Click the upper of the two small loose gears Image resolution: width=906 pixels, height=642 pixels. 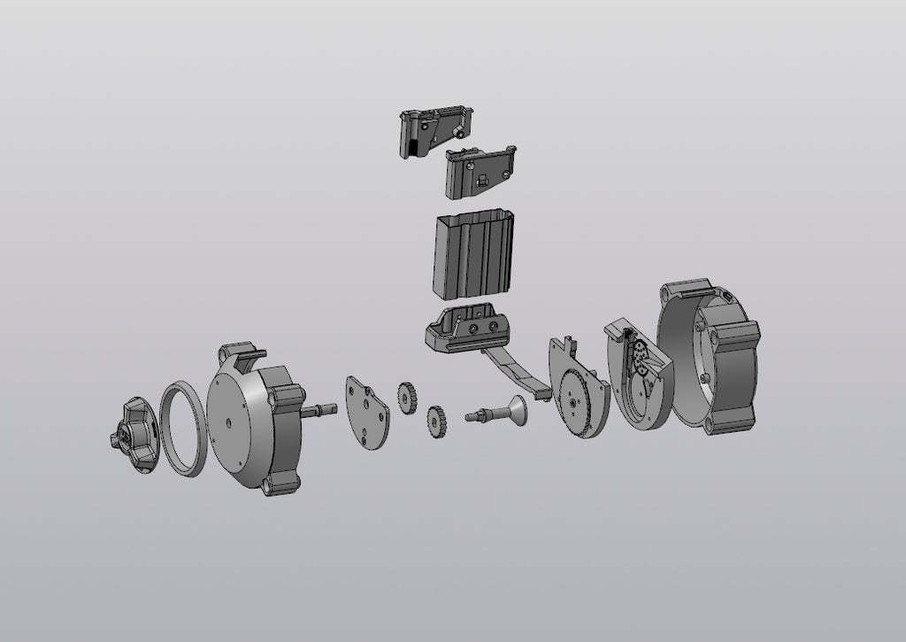tap(406, 394)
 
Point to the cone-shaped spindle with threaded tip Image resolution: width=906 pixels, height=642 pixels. tap(503, 412)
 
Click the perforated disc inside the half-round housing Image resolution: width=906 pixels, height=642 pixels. tap(639, 362)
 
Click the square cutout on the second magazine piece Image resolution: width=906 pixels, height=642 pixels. tap(482, 180)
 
